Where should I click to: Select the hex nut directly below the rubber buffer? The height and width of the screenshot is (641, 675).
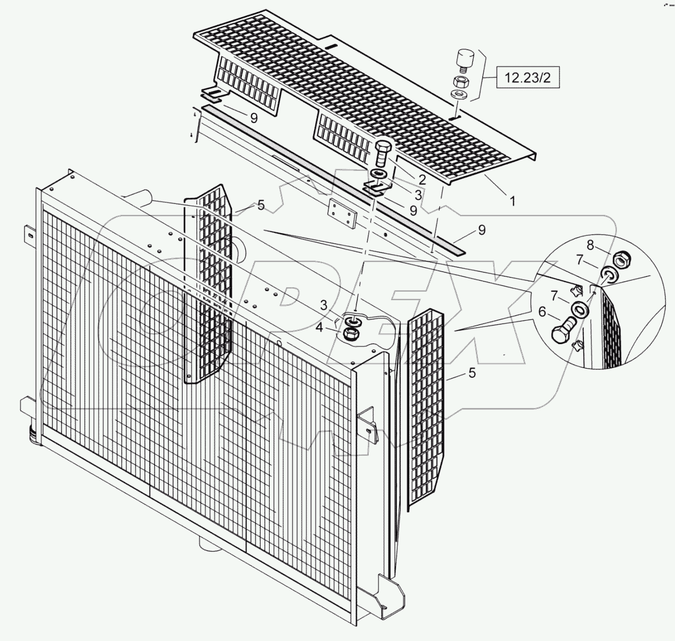point(460,81)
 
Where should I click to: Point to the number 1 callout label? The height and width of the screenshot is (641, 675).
point(513,201)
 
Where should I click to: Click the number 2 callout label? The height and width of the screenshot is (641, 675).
point(422,179)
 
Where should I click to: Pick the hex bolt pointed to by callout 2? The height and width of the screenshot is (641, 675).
point(382,152)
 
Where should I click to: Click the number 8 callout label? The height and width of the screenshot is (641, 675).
point(590,245)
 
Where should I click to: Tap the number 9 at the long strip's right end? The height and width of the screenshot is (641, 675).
point(481,230)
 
